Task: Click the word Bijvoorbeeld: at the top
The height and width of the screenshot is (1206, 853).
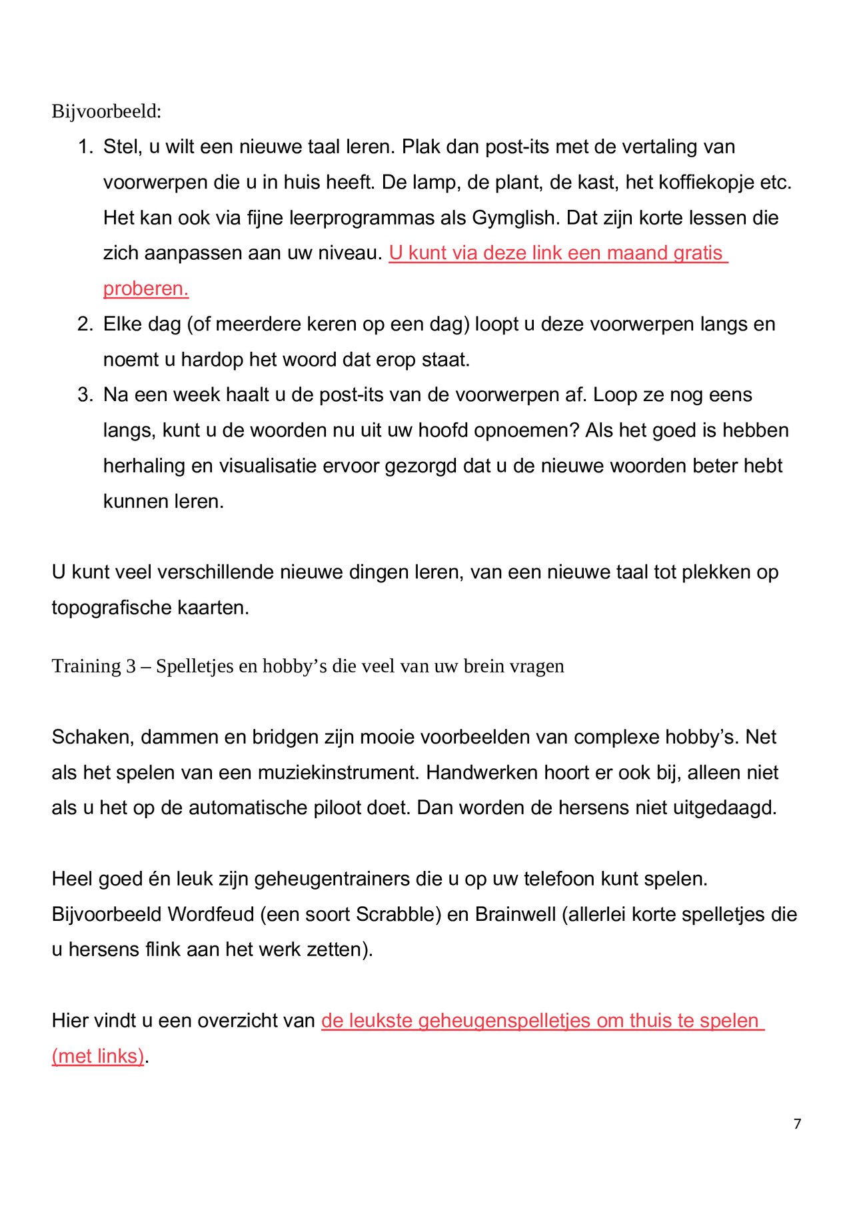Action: [107, 111]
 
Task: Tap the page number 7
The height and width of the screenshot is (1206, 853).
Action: [797, 1123]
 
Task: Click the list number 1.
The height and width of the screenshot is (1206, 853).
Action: [85, 147]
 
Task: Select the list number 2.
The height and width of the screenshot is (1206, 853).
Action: [85, 324]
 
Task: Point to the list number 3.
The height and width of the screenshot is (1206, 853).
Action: [85, 394]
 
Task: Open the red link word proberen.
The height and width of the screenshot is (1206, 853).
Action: [146, 289]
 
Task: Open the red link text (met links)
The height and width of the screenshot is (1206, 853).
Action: [98, 1056]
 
